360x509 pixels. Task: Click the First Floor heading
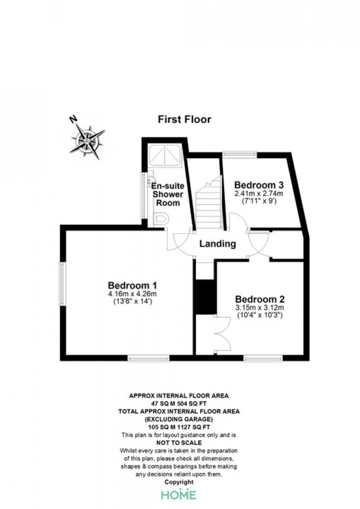coord(185,119)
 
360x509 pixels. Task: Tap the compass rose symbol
coord(87,141)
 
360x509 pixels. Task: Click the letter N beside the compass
coord(74,119)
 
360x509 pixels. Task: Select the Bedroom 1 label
coord(133,285)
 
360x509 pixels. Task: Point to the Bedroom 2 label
coord(260,299)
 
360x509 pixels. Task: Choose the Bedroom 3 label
coord(259,185)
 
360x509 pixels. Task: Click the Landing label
coord(218,244)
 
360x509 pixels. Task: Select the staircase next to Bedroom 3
coord(208,203)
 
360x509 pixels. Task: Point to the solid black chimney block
coord(205,297)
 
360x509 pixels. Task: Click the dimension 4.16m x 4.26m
coord(133,294)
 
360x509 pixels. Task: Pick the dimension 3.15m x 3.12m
coord(260,307)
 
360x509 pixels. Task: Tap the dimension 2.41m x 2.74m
coord(259,194)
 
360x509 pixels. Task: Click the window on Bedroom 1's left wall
coord(63,284)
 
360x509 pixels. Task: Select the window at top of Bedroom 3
coord(240,155)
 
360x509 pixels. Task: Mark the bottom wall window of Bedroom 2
coord(263,358)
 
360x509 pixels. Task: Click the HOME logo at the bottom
coord(179,495)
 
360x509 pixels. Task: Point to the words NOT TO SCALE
coord(179,443)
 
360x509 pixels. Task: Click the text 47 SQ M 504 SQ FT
coord(179,404)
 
